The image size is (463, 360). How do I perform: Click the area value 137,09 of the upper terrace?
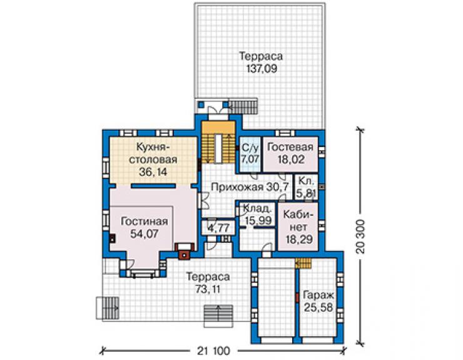click(262, 69)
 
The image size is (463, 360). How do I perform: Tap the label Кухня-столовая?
click(153, 153)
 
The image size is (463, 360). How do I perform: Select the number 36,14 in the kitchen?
click(153, 172)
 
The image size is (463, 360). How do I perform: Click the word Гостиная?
click(145, 222)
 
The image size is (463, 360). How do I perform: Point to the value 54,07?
click(145, 234)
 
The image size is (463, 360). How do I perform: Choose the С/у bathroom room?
click(250, 154)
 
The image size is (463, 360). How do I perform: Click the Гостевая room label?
click(290, 147)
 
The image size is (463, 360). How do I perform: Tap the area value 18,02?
click(291, 160)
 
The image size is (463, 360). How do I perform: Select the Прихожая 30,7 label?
click(250, 187)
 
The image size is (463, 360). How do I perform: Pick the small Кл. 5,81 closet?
click(306, 187)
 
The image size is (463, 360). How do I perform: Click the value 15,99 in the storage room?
click(258, 220)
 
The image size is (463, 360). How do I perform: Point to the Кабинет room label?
click(299, 220)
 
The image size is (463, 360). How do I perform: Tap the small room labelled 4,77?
click(218, 228)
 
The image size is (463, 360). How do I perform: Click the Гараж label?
click(318, 295)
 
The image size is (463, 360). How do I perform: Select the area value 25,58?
click(318, 307)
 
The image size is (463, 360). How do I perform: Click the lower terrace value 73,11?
click(208, 289)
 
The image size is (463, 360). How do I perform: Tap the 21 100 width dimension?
click(213, 351)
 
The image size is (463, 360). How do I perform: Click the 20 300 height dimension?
click(360, 237)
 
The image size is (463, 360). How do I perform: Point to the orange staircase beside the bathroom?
click(218, 142)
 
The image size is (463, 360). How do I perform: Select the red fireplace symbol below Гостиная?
click(185, 251)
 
